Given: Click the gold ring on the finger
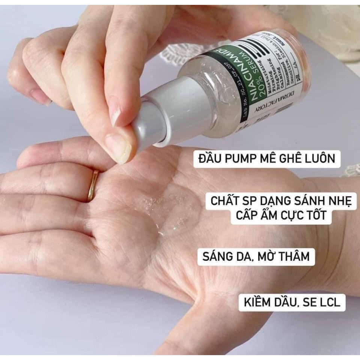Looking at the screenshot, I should tap(93, 186).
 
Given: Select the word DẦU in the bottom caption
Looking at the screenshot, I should tap(288, 303).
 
